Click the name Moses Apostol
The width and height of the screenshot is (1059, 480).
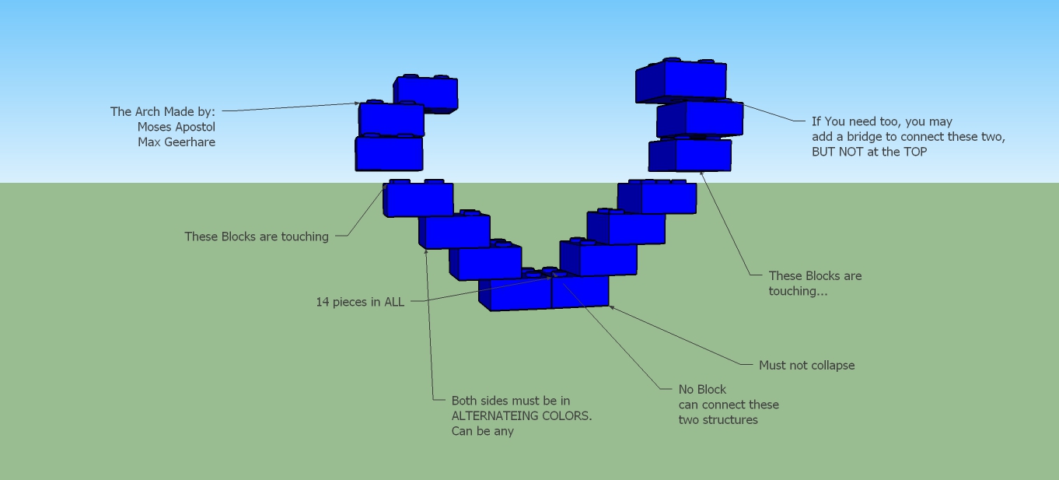click(176, 127)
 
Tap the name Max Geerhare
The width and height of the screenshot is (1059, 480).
click(176, 142)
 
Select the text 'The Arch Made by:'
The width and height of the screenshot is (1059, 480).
click(163, 112)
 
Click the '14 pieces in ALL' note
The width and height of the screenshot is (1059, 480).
click(359, 302)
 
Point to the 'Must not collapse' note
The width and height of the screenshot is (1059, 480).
click(806, 366)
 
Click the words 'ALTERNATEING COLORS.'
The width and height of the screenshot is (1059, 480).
click(521, 416)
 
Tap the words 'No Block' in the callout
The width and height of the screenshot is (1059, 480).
click(702, 390)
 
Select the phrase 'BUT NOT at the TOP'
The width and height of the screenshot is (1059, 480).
click(869, 152)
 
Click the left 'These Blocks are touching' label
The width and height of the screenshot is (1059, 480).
click(256, 236)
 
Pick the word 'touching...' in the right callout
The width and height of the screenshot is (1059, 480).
click(798, 291)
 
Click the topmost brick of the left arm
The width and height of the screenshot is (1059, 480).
click(426, 93)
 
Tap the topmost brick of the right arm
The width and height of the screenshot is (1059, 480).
click(682, 81)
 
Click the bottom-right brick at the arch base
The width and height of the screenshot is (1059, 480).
click(580, 291)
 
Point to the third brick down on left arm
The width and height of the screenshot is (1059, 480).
click(389, 153)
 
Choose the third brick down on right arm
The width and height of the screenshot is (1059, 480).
click(691, 154)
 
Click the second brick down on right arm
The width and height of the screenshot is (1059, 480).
click(701, 119)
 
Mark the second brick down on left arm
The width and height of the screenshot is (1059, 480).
click(391, 120)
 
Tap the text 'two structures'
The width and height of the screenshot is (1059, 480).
click(718, 420)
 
